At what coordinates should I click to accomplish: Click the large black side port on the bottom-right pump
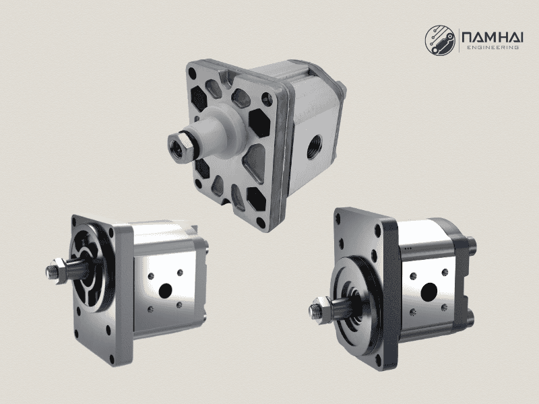point(426,291)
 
